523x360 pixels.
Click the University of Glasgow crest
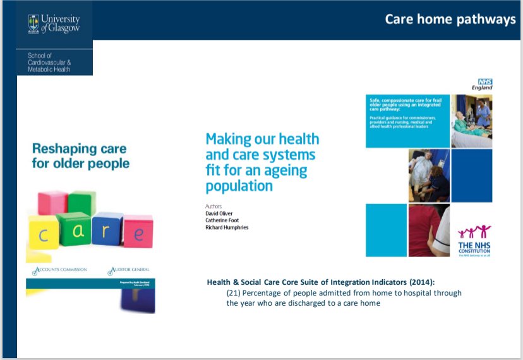coord(33,23)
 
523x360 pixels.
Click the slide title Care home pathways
coord(450,20)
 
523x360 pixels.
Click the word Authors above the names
coord(215,206)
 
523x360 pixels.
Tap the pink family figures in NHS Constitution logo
coord(474,232)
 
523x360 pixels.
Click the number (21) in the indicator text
coord(233,293)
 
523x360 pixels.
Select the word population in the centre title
coord(239,186)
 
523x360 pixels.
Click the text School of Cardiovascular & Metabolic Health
coord(50,63)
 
